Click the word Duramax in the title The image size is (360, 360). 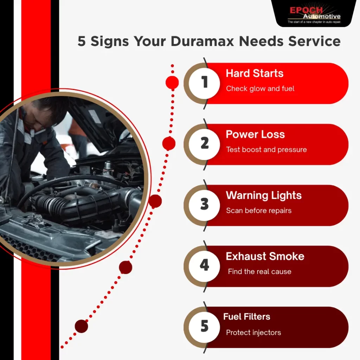(x=202, y=41)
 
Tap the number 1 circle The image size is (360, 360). (x=204, y=83)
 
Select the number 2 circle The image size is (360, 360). (x=204, y=144)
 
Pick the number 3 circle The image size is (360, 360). (x=204, y=205)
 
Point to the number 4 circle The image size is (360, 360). (x=204, y=266)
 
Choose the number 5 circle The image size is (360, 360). (x=204, y=327)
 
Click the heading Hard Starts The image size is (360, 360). (x=255, y=73)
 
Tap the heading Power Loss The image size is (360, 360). (x=255, y=134)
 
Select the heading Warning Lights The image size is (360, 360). (x=264, y=196)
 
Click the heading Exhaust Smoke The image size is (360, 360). (x=265, y=256)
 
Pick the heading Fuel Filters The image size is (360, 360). (x=246, y=317)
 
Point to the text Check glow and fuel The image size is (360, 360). (x=260, y=89)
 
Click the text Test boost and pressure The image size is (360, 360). (x=266, y=150)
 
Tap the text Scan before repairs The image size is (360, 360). (x=259, y=211)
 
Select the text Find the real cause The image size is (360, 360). (x=260, y=272)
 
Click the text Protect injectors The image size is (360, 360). (x=253, y=333)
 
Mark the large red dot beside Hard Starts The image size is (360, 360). (x=172, y=82)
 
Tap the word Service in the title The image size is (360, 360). (x=314, y=41)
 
